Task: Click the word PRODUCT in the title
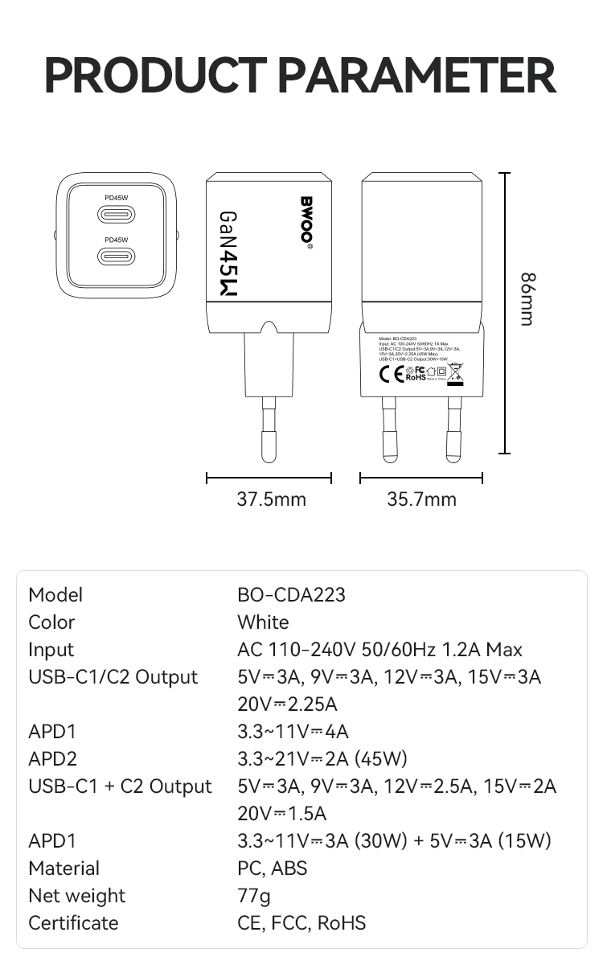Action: (154, 75)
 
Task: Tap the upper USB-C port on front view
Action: (117, 215)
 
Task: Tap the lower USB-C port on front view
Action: (117, 257)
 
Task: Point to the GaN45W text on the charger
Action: (228, 256)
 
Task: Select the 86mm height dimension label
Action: (527, 299)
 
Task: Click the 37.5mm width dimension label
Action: (271, 499)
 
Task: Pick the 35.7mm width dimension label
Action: (421, 499)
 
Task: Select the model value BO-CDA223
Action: (291, 595)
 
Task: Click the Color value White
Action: (263, 622)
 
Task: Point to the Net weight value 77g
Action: (254, 896)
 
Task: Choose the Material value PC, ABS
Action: (272, 868)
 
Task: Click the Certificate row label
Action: (73, 923)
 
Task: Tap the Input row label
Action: (51, 650)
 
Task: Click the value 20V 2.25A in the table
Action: (287, 704)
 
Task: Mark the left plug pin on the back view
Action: (389, 434)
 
